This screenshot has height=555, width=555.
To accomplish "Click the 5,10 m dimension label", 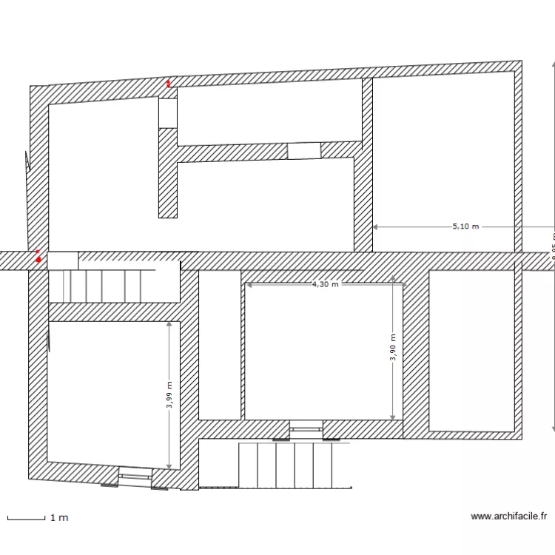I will pyautogui.click(x=465, y=226).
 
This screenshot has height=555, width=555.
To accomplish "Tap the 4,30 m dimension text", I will pyautogui.click(x=325, y=283).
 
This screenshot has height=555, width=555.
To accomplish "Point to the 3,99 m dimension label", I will pyautogui.click(x=169, y=394).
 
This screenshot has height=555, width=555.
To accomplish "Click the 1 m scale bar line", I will pyautogui.click(x=26, y=517).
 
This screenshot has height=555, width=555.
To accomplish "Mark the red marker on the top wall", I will pyautogui.click(x=168, y=84).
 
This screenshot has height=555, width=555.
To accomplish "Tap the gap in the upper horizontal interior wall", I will pyautogui.click(x=303, y=151).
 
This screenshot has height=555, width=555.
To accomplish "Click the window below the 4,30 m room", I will pyautogui.click(x=306, y=428).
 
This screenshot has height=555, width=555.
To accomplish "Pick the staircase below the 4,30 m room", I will pyautogui.click(x=285, y=465).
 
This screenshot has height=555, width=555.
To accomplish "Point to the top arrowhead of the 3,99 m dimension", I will pyautogui.click(x=169, y=323).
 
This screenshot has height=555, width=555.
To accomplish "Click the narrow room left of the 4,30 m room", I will pyautogui.click(x=220, y=344).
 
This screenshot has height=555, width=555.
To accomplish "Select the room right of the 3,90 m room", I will pyautogui.click(x=471, y=350).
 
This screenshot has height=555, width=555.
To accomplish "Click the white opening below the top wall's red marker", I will pyautogui.click(x=168, y=112).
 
